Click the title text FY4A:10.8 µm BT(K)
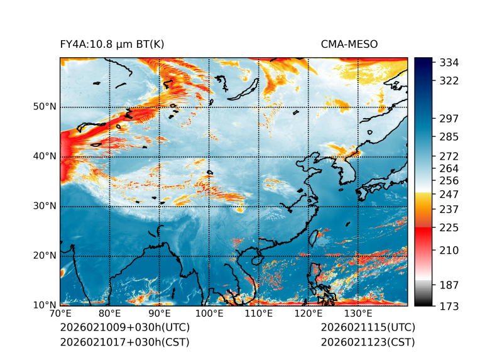pos(112,44)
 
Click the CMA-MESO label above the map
pos(349,44)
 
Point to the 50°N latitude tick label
pos(45,107)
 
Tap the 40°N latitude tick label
pos(45,156)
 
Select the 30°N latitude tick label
pos(45,206)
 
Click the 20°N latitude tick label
pos(45,256)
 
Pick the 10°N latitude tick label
pos(45,305)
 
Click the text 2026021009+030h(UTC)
pos(124,328)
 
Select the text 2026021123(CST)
pos(368,342)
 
